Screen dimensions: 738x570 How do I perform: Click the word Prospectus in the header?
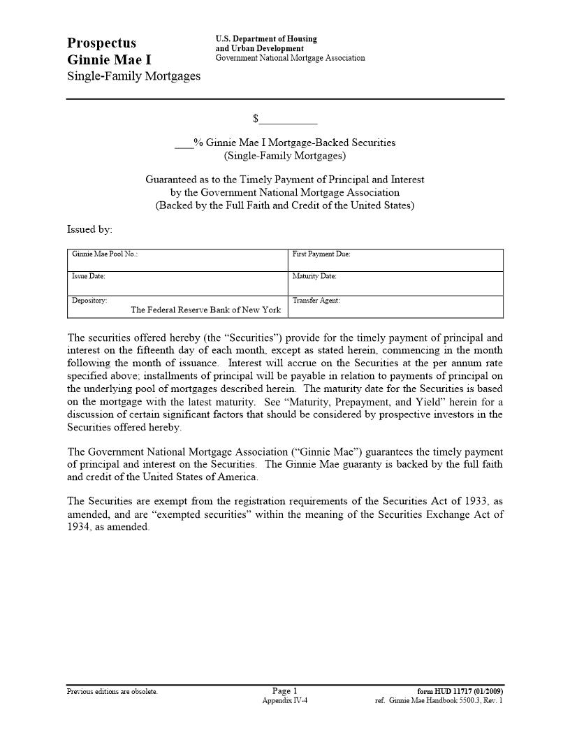[101, 43]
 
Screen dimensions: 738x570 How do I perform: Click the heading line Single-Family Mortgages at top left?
[133, 75]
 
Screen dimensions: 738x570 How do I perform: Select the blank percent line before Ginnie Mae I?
[184, 143]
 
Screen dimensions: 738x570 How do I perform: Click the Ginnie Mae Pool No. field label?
[105, 254]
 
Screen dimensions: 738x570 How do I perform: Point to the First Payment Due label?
[321, 254]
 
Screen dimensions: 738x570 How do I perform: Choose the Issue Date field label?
[89, 277]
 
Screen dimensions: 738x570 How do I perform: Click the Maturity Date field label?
[314, 277]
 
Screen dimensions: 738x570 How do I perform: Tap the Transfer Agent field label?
[316, 301]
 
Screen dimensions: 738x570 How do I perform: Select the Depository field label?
[89, 301]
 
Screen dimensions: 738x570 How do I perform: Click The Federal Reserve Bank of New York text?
[205, 310]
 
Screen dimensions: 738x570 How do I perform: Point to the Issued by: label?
[89, 229]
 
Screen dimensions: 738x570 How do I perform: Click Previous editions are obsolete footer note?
[112, 692]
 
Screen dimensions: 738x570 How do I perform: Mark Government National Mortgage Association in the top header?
[290, 58]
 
